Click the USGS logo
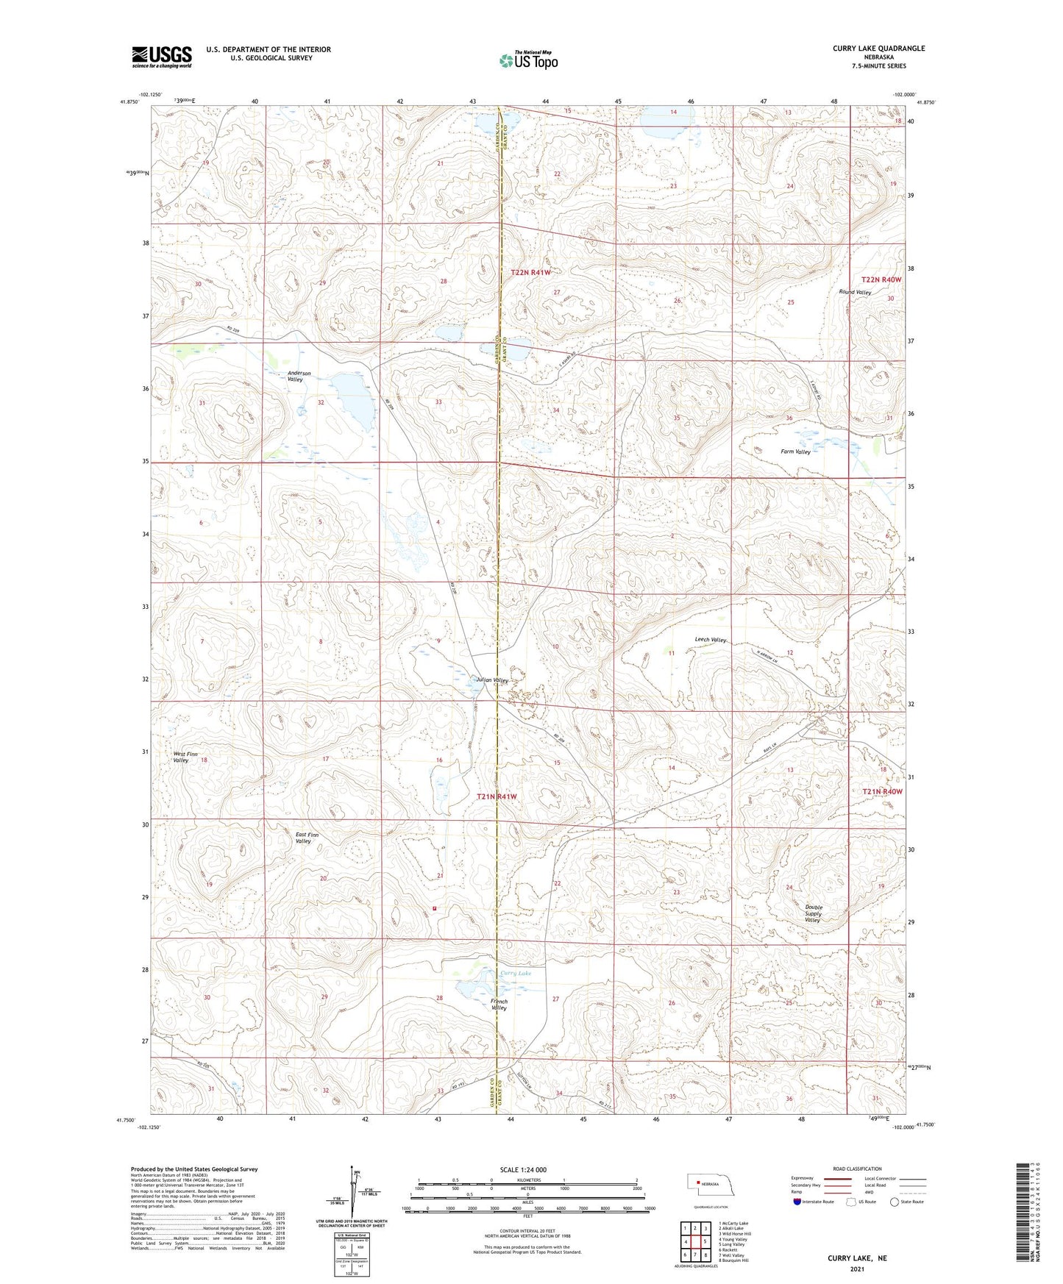point(162,57)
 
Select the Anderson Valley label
point(299,377)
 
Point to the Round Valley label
point(855,293)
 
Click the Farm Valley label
point(795,452)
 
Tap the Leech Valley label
point(711,640)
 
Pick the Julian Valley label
point(492,680)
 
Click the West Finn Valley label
point(185,757)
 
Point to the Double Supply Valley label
point(813,913)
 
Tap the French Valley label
point(499,1005)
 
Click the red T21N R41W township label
point(497,796)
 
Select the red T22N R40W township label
point(881,279)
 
